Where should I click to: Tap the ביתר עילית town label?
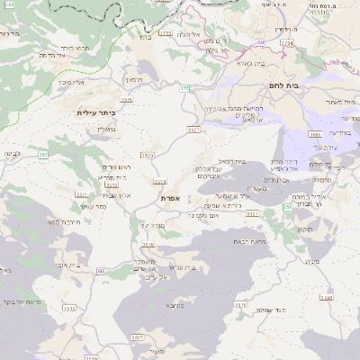96,112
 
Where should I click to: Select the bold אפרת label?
172,197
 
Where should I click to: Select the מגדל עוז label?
150,224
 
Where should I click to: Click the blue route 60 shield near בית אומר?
100,271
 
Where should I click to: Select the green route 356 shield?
287,207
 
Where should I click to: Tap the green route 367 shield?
42,155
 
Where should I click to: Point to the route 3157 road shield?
251,214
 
